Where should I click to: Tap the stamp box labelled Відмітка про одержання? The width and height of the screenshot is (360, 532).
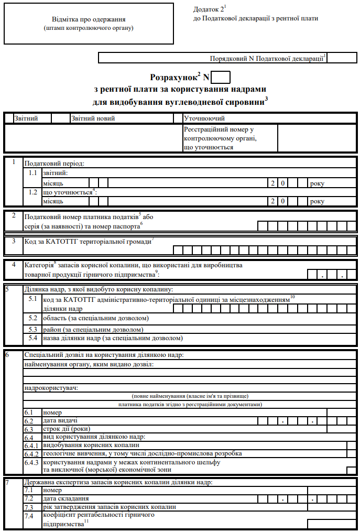click(89, 24)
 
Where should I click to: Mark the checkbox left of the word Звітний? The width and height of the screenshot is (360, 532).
click(9, 118)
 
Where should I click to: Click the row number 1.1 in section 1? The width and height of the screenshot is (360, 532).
click(33, 172)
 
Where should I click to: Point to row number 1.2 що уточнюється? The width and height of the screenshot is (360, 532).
click(33, 192)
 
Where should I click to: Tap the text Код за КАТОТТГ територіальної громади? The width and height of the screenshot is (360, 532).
click(88, 241)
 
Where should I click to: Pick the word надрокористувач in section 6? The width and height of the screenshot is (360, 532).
click(51, 388)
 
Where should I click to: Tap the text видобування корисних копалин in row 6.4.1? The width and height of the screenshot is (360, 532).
click(91, 445)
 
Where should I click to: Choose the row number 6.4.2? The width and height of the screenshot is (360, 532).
click(31, 453)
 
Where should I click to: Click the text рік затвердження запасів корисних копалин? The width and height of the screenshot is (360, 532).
click(109, 507)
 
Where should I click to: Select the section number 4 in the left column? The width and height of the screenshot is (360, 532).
click(14, 265)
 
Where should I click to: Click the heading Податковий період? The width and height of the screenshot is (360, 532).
click(54, 163)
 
